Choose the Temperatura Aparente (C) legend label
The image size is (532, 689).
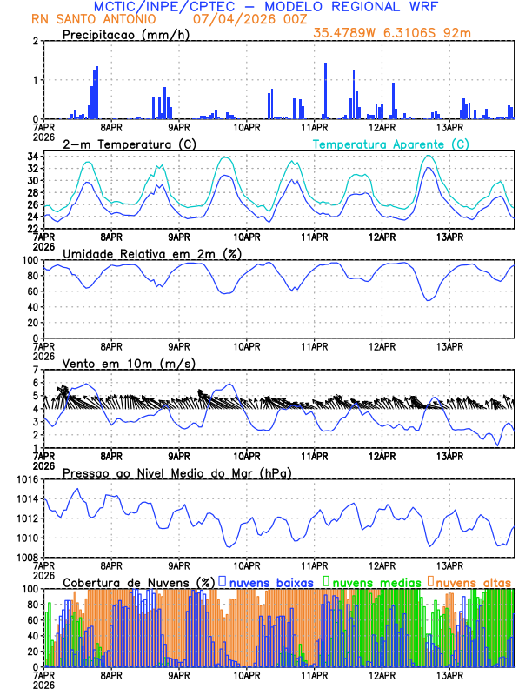click(391, 144)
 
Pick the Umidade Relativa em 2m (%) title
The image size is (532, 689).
click(152, 253)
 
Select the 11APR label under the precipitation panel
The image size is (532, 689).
click(314, 127)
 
